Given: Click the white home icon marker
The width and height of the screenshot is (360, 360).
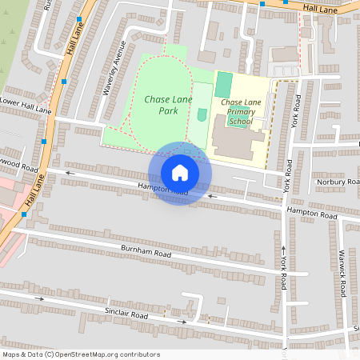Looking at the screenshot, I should pos(180,173).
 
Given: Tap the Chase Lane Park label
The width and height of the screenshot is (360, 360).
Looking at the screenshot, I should pos(162,105).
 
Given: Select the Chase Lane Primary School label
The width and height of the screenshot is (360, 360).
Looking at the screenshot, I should pos(241,112).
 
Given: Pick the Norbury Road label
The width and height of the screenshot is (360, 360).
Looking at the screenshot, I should pos(335,182).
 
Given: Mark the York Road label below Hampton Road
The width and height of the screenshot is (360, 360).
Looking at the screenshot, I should pos(283,271).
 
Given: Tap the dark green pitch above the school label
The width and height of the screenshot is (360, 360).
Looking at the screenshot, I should pos(224,85).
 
